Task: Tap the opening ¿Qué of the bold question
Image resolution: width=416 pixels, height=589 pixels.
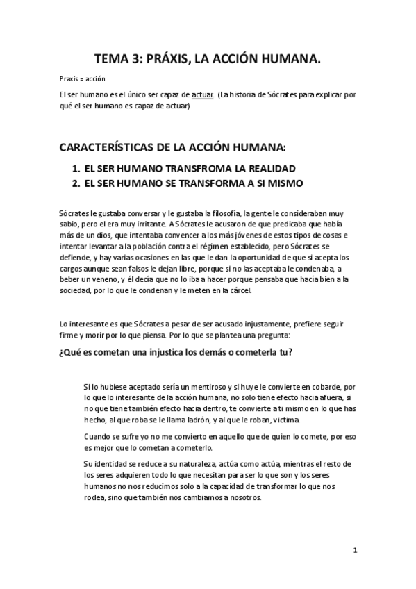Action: (x=72, y=351)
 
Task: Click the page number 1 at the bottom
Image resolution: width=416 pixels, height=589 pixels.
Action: (x=355, y=551)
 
